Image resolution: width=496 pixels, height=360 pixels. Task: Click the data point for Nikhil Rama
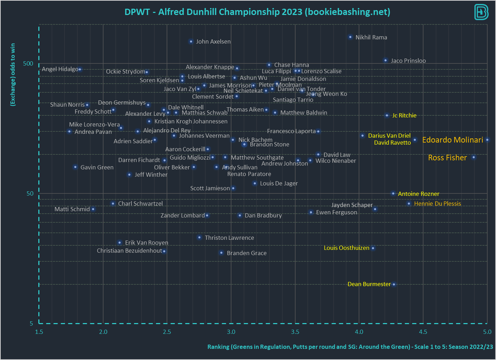pyautogui.click(x=350, y=37)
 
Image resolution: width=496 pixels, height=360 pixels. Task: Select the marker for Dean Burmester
pyautogui.click(x=394, y=284)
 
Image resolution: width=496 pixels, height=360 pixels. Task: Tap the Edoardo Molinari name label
pyautogui.click(x=452, y=140)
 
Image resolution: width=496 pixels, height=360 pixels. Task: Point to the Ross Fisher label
pyautogui.click(x=447, y=158)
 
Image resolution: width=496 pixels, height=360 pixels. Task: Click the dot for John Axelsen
pyautogui.click(x=191, y=41)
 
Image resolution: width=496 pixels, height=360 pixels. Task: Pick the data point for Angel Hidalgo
pyautogui.click(x=80, y=69)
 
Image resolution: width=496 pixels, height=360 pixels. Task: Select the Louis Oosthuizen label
pyautogui.click(x=346, y=248)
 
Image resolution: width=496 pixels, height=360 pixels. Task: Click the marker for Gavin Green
pyautogui.click(x=75, y=167)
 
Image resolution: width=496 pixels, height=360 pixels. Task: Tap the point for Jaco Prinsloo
pyautogui.click(x=386, y=60)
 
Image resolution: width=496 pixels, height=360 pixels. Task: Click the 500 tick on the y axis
pyautogui.click(x=28, y=63)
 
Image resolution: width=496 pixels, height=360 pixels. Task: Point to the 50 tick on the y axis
pyautogui.click(x=30, y=193)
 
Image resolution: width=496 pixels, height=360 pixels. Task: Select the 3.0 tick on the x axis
pyautogui.click(x=231, y=332)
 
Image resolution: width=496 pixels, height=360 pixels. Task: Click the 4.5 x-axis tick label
pyautogui.click(x=423, y=332)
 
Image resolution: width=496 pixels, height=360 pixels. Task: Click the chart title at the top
pyautogui.click(x=257, y=12)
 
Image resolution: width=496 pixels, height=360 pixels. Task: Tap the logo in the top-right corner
pyautogui.click(x=481, y=12)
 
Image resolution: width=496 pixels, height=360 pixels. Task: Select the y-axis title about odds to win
pyautogui.click(x=13, y=74)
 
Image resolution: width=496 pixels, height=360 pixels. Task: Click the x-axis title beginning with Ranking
pyautogui.click(x=350, y=347)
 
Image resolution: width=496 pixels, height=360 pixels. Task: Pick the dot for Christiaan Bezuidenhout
pyautogui.click(x=164, y=251)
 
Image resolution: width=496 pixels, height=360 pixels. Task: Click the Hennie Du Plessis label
pyautogui.click(x=437, y=204)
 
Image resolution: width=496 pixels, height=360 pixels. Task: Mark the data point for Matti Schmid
pyautogui.click(x=93, y=209)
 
